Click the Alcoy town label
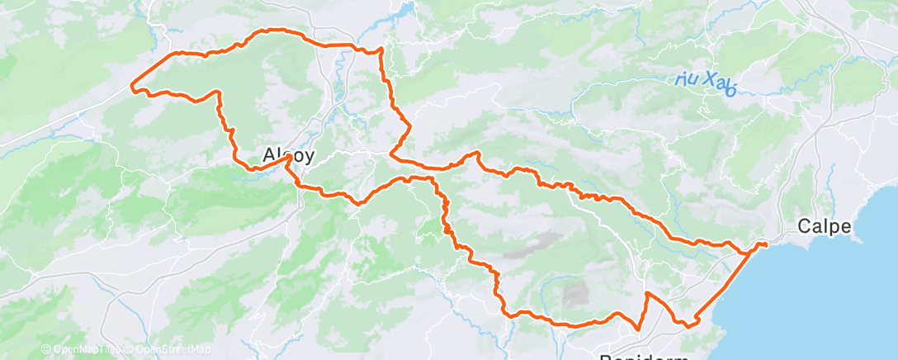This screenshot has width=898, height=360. pos(287,154)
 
